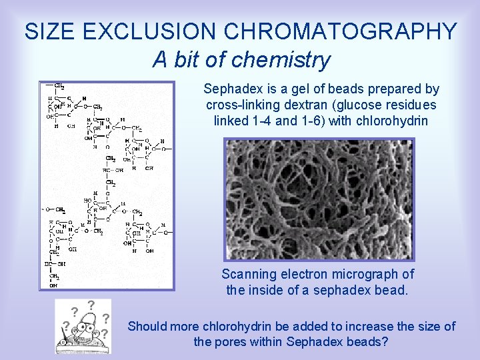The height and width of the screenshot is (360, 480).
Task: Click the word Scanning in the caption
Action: click(x=248, y=274)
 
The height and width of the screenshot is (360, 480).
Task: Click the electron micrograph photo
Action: click(x=319, y=199)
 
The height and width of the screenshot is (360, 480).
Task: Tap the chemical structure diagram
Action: click(x=107, y=185)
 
